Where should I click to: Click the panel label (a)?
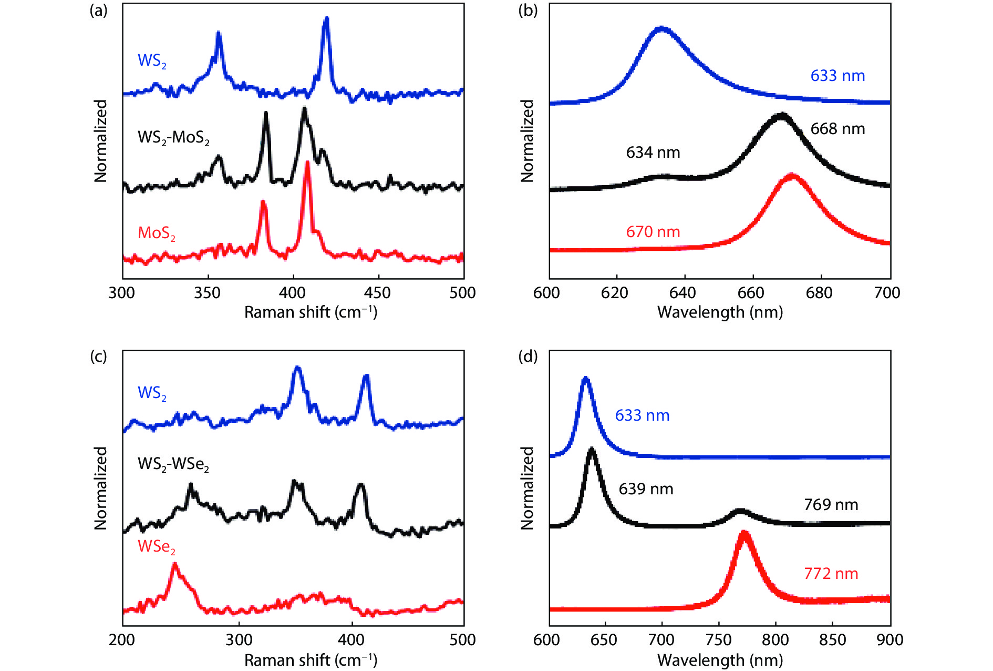98,10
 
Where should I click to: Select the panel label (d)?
527,357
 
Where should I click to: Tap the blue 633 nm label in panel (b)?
837,76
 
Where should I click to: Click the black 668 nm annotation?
837,129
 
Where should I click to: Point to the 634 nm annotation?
653,152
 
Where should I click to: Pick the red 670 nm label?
653,232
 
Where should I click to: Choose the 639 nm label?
646,489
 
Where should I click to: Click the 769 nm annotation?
831,505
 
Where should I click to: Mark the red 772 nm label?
831,574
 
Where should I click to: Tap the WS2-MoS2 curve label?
173,138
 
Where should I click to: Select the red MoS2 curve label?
156,233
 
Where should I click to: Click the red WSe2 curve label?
156,547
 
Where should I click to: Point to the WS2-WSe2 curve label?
173,464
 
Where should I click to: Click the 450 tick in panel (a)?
378,293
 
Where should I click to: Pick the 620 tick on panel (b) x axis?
615,293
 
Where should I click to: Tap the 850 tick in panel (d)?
832,640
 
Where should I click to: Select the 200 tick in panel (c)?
122,640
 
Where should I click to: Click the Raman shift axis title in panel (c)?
311,660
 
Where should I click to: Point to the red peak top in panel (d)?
743,533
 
